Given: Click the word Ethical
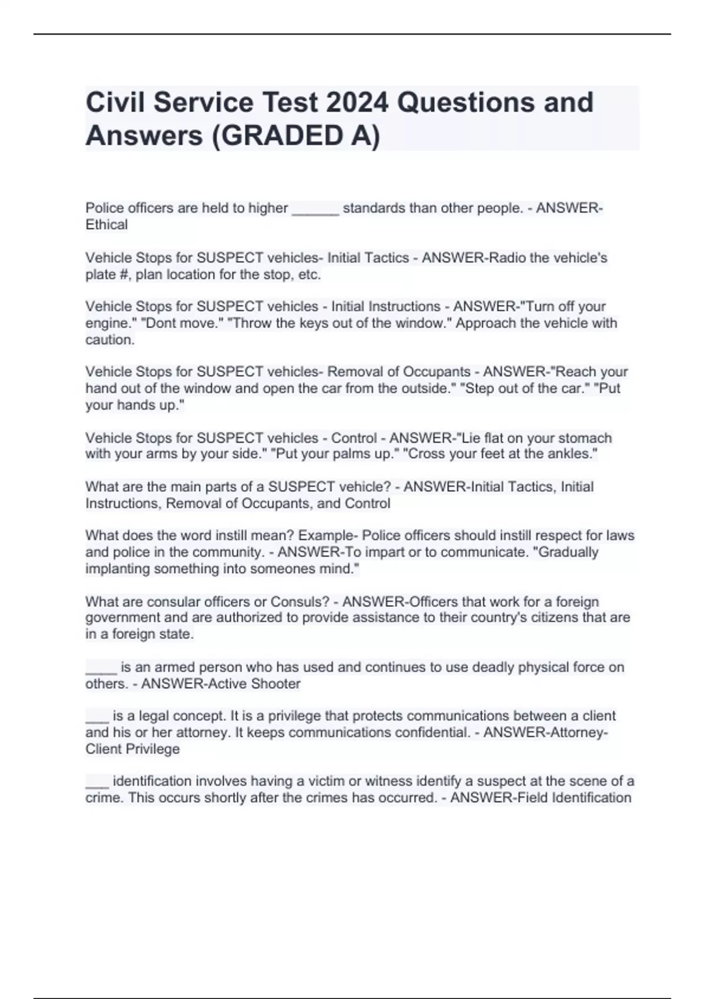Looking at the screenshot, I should point(106,224).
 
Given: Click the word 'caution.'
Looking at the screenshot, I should point(110,340).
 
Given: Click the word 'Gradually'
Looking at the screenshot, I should point(568,552).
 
